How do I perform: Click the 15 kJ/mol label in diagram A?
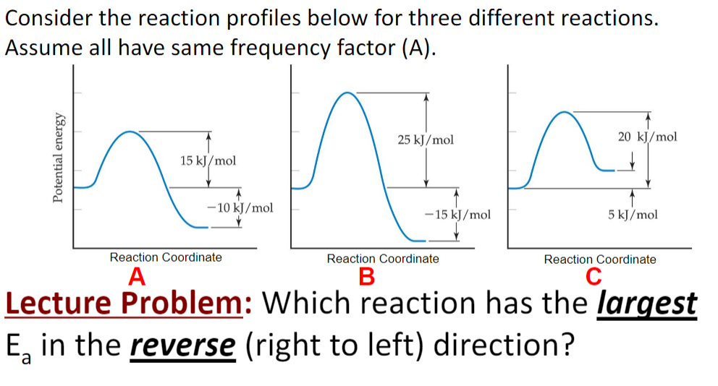pos(208,160)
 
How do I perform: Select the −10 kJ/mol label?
pos(240,208)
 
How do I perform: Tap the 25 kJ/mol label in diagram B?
pos(426,140)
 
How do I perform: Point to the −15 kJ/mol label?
pos(457,214)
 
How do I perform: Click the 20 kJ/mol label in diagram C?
pos(648,136)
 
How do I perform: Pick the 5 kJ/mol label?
pos(633,215)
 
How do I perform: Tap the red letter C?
pos(594,277)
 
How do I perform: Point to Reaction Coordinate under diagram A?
pos(166,257)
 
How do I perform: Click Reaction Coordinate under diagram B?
pos(383,258)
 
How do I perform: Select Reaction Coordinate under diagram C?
pos(600,259)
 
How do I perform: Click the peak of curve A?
pos(130,132)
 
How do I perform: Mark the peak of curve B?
pos(348,93)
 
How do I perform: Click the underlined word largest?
pos(647,304)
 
